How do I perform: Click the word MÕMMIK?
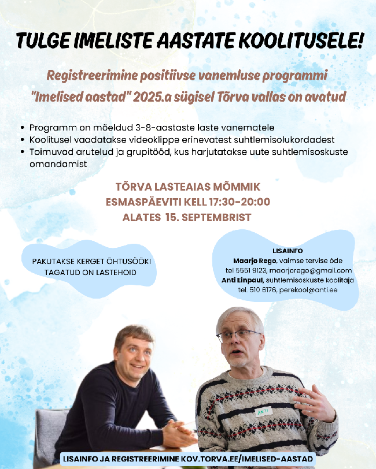coord(234,187)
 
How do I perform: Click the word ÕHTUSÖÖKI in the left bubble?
coord(127,262)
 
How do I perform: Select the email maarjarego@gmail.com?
coord(320,270)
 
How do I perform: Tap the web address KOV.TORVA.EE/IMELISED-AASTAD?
coord(247,459)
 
